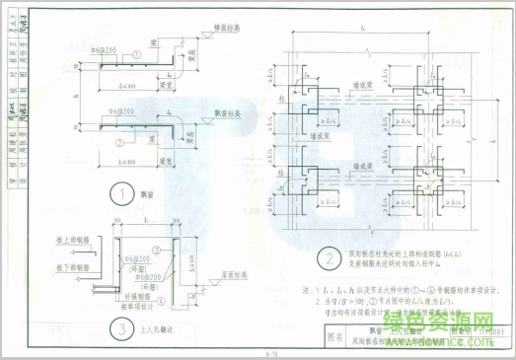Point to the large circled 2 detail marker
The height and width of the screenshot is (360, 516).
click(325, 259)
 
